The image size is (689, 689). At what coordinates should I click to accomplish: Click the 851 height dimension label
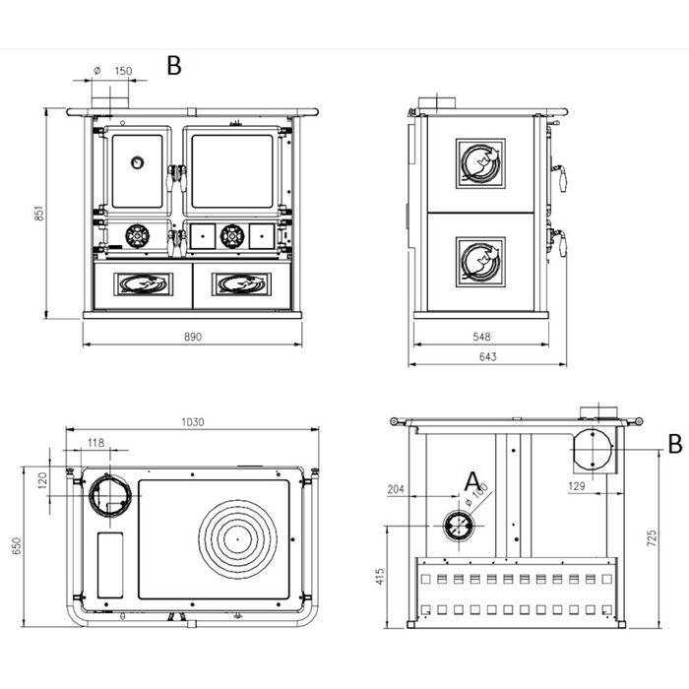click(39, 213)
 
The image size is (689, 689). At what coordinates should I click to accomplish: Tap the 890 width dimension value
click(193, 337)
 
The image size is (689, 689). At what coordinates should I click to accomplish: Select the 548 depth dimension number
click(481, 337)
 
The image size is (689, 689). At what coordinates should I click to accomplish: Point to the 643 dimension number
click(488, 356)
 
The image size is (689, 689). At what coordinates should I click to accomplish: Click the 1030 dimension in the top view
click(193, 422)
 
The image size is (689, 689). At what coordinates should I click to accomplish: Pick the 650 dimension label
click(17, 545)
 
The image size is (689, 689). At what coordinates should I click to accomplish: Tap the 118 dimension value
click(95, 443)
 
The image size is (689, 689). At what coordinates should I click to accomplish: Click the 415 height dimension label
click(381, 577)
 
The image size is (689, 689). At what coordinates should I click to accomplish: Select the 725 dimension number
click(652, 537)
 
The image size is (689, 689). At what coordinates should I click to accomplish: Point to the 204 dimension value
click(396, 489)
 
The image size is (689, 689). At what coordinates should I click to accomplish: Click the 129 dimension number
click(577, 485)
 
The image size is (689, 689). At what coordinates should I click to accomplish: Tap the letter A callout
click(472, 481)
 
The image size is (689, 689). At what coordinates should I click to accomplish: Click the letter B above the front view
click(174, 66)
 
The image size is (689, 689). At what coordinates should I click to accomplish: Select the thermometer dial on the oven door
click(138, 162)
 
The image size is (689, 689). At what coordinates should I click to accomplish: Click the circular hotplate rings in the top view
click(238, 538)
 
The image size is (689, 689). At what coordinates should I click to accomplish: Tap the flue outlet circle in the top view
click(110, 496)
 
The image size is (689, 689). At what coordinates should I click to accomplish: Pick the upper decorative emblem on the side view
click(480, 163)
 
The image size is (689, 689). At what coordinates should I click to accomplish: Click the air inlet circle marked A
click(459, 526)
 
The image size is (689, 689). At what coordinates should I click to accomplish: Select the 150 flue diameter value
click(123, 71)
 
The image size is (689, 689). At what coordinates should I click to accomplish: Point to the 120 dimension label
click(42, 480)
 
